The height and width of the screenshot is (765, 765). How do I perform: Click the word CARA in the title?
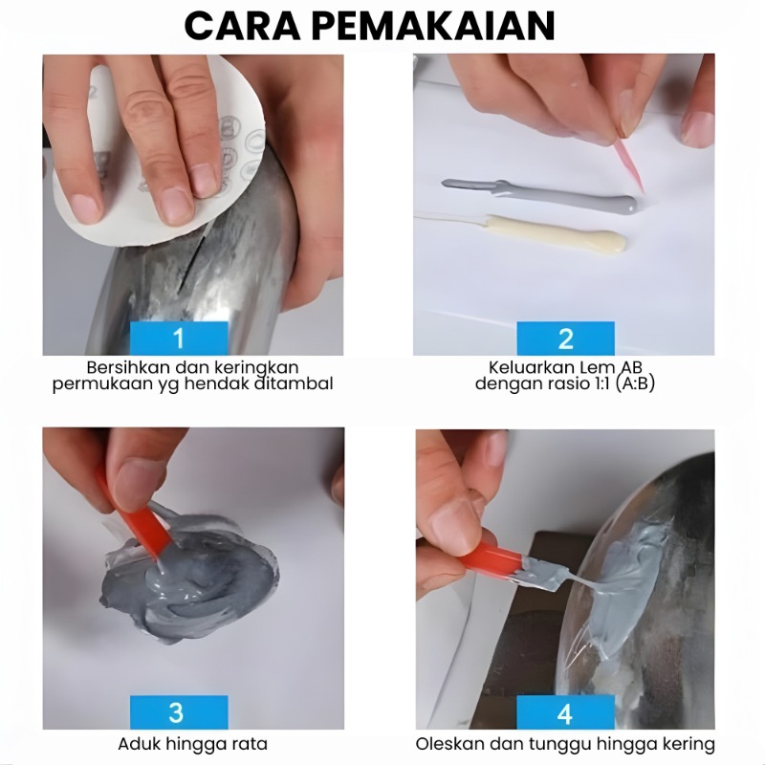pyautogui.click(x=242, y=26)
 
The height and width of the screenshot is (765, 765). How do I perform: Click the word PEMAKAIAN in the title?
pyautogui.click(x=433, y=26)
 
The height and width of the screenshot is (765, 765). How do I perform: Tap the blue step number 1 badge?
pyautogui.click(x=179, y=339)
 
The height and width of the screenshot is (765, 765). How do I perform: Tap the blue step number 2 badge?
pyautogui.click(x=565, y=339)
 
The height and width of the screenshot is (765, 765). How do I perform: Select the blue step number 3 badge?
pyautogui.click(x=179, y=712)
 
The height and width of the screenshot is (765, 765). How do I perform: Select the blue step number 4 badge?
pyautogui.click(x=565, y=712)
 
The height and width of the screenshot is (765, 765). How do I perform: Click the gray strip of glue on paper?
pyautogui.click(x=539, y=195)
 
